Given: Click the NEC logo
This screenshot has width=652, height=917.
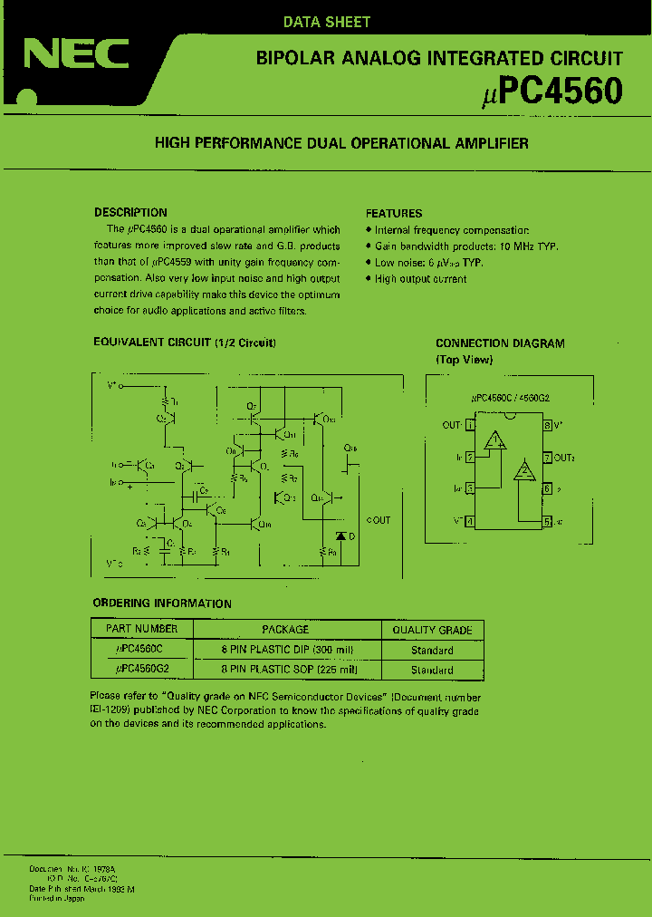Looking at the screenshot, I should [76, 55].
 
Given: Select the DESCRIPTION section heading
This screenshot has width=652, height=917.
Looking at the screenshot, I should [130, 213].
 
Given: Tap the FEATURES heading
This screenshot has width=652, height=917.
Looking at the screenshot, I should [394, 214].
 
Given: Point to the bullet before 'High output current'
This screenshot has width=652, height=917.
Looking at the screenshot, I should [369, 279].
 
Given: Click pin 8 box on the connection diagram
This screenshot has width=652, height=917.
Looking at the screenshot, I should [547, 424].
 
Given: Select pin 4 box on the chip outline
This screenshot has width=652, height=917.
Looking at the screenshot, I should [470, 521].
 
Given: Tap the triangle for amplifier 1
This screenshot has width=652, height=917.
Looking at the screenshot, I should [494, 441].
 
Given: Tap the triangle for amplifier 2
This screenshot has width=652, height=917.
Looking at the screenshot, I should [523, 471].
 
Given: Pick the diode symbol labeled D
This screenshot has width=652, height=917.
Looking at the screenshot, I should [340, 536].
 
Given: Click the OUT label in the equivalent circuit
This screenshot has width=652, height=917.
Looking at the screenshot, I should [379, 520].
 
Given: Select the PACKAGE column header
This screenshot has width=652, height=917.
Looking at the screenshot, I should [285, 629].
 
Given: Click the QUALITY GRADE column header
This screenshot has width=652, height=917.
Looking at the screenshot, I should [432, 630].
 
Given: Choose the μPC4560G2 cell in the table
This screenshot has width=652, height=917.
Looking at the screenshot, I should [142, 670].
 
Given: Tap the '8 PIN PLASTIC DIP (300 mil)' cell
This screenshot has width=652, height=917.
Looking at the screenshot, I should [287, 650].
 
